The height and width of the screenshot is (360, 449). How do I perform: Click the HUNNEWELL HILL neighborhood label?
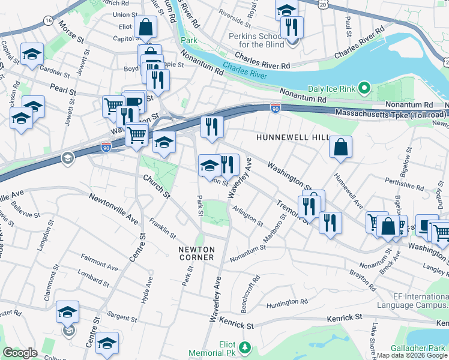[292, 137]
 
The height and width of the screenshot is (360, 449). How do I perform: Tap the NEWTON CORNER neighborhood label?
[196, 253]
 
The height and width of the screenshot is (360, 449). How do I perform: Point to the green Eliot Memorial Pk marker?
[244, 347]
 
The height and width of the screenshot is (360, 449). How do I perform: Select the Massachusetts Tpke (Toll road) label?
[390, 113]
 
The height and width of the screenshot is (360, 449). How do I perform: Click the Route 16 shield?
[48, 21]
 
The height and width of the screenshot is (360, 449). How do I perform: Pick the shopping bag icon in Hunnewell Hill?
[340, 148]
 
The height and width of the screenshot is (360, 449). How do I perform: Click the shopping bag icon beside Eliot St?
[145, 27]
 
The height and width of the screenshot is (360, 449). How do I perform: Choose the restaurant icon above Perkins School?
[292, 27]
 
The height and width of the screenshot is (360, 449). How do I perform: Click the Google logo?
[20, 353]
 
